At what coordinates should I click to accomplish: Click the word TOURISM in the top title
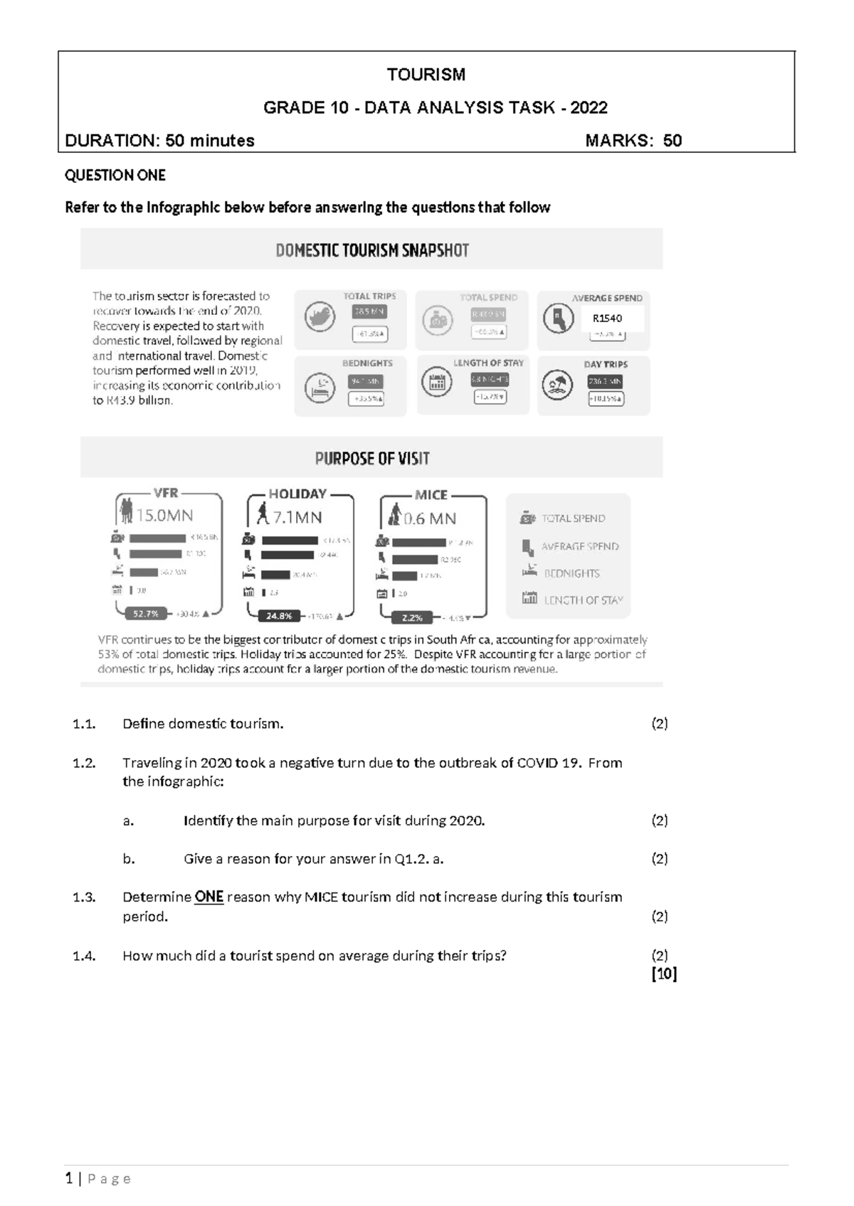[426, 75]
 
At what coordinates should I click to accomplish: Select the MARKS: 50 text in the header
[633, 141]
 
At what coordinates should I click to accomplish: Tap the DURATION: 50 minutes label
[159, 141]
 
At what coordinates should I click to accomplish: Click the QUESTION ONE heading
[115, 175]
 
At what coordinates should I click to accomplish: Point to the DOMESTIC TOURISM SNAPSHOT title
[371, 250]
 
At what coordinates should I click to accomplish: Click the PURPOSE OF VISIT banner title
[371, 459]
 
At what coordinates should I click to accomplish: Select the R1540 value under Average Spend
[607, 319]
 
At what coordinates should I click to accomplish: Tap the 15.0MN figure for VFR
[164, 515]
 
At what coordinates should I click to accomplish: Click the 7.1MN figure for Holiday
[297, 517]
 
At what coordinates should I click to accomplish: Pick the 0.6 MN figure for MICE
[429, 518]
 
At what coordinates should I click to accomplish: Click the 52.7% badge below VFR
[145, 613]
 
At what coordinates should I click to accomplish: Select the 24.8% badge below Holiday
[279, 616]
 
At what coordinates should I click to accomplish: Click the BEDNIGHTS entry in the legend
[571, 573]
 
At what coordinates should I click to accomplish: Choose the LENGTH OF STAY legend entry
[583, 600]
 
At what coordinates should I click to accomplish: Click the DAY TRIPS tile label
[606, 364]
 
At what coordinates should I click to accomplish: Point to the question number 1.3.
[84, 897]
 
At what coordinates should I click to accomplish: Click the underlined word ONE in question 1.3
[209, 897]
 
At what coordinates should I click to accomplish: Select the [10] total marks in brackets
[664, 974]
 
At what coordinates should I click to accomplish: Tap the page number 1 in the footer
[69, 1179]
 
